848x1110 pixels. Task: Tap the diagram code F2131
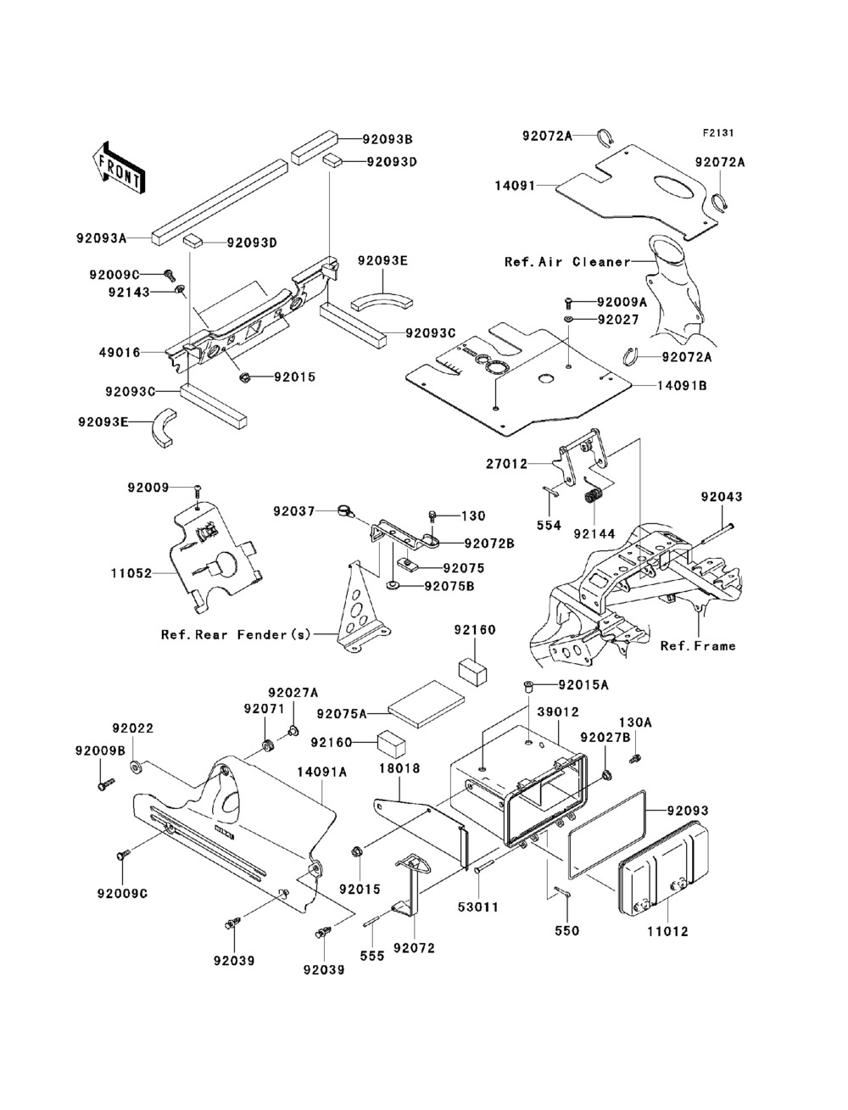(x=717, y=133)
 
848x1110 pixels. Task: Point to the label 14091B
(x=682, y=385)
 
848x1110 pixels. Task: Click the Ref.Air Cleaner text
(x=567, y=262)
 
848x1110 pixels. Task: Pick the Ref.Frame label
(x=698, y=645)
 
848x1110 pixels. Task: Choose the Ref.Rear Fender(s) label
(x=237, y=633)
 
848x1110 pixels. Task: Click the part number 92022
(x=133, y=728)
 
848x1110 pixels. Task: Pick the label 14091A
(x=321, y=772)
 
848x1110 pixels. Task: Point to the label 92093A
(x=102, y=238)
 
